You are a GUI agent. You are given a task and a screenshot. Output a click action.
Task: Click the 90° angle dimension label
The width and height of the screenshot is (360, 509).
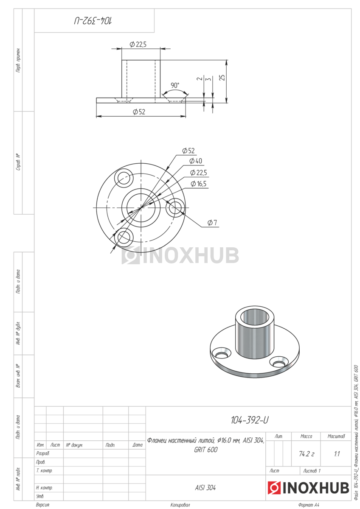tap(175, 85)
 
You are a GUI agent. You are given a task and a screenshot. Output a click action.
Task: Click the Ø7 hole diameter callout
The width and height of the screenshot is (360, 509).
tap(212, 223)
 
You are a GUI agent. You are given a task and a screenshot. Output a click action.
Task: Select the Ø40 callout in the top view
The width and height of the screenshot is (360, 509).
tap(196, 161)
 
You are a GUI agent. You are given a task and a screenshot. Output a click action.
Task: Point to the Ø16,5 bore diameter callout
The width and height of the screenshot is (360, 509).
tap(199, 184)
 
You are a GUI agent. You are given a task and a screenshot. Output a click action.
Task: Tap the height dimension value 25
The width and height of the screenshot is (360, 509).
tap(222, 78)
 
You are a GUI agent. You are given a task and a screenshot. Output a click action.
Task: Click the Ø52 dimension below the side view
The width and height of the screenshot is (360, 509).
tap(139, 112)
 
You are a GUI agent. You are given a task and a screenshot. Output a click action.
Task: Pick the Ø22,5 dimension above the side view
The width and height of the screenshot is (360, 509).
tap(138, 44)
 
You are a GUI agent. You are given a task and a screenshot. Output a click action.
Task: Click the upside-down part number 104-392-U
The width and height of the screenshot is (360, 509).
tap(93, 21)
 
